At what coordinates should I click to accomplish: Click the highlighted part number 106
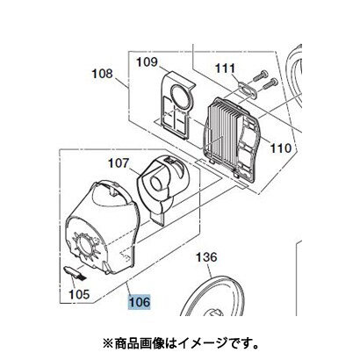tap(140, 302)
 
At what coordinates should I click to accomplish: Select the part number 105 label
tap(79, 294)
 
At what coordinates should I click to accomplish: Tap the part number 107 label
tap(119, 163)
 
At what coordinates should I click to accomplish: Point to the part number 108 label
tap(102, 74)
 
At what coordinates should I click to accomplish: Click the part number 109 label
tap(147, 61)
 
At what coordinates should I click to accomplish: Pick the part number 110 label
tap(280, 148)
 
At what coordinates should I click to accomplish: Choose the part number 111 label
tap(225, 68)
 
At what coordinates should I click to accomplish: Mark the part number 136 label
tap(206, 257)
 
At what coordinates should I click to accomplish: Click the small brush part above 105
tap(75, 272)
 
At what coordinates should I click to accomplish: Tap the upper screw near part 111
tap(260, 75)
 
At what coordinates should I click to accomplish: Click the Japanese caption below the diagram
tap(181, 342)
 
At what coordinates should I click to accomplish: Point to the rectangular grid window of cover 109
tap(176, 122)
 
